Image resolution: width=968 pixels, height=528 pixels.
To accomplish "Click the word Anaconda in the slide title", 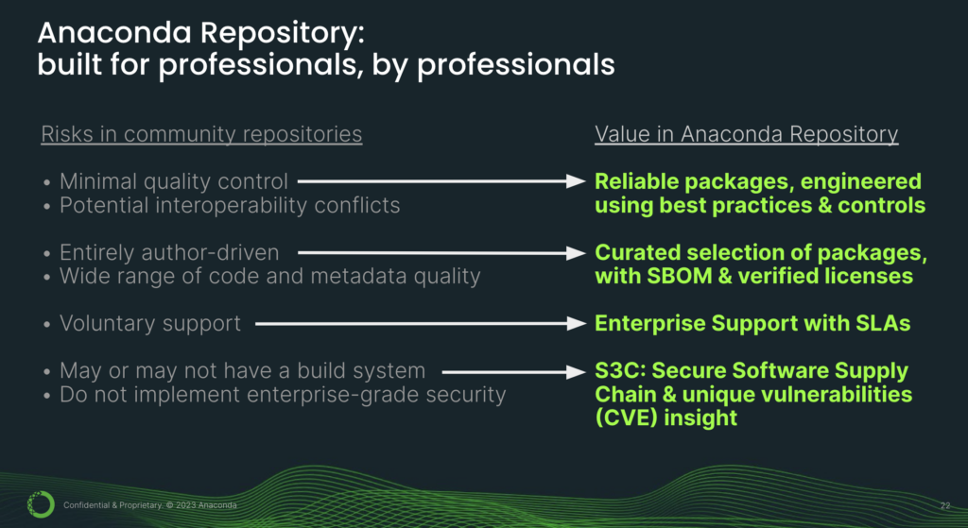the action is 114,33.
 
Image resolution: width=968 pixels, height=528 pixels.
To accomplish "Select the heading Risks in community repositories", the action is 201,134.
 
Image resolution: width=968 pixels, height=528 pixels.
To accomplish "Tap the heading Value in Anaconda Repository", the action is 747,134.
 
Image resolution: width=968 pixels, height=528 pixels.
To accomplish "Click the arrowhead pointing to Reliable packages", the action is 576,181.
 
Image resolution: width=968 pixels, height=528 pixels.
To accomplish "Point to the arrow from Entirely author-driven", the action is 441,253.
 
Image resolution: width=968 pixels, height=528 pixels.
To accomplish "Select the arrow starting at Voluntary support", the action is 421,323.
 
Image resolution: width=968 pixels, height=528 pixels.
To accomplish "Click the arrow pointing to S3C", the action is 513,372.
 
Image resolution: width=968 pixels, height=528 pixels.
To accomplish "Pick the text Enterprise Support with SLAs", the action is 752,323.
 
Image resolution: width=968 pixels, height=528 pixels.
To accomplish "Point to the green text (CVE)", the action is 626,418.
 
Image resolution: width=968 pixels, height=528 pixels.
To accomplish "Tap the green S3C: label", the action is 620,370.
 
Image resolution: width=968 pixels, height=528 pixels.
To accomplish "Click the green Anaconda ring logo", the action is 41,504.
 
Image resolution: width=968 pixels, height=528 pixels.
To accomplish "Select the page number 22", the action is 945,505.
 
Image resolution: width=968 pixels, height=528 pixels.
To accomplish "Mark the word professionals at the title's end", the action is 516,65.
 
